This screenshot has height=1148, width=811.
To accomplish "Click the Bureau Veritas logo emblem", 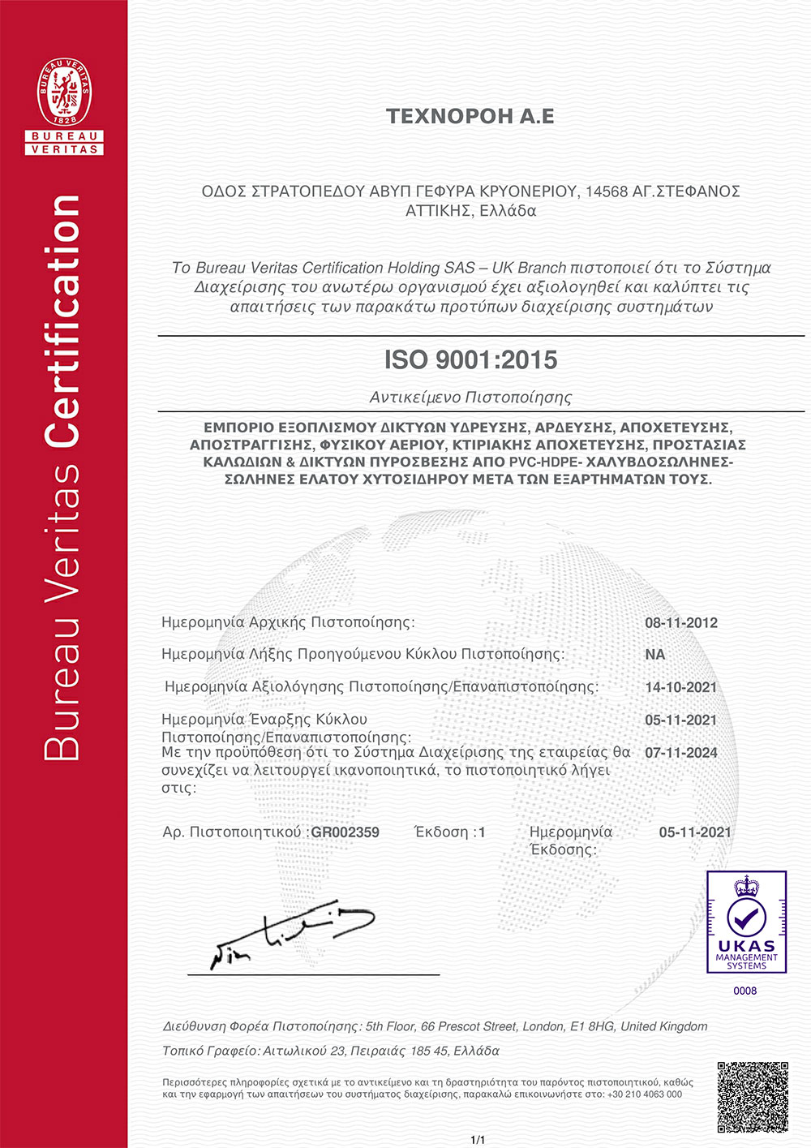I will coord(64,105).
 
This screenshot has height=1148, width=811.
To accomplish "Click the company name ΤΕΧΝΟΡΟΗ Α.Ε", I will coord(470,117).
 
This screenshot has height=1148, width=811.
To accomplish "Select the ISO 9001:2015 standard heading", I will coord(470,359).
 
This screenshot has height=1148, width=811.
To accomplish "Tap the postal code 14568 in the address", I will coord(606,191).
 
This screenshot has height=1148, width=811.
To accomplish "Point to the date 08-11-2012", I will coord(681,623).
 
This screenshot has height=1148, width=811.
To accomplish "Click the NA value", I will coord(655,655).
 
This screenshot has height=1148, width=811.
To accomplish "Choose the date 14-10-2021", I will coord(681,687).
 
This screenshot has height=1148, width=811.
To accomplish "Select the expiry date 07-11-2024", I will coord(681,753).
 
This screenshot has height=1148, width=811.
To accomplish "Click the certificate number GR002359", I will coord(345,832).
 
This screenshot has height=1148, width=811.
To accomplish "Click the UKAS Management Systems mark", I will coord(746,922).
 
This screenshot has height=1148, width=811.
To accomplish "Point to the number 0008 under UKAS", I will coord(745,991).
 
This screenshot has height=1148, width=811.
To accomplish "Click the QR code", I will coord(753,1097).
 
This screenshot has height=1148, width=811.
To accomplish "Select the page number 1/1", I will coord(478,1140).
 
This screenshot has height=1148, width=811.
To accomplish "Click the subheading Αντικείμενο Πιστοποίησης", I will coord(470,398).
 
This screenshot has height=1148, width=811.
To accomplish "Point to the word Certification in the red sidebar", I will coord(63,320).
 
